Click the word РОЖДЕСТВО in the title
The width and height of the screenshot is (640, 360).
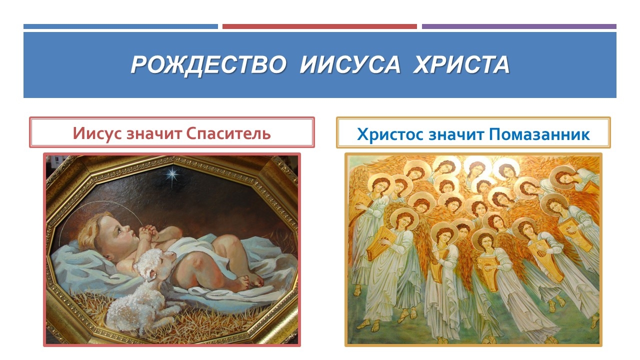[x=208, y=65]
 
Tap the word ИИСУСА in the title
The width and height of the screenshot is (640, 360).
[x=350, y=64]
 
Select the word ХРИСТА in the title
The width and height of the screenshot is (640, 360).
[x=461, y=64]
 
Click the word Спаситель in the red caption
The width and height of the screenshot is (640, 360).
[x=228, y=133]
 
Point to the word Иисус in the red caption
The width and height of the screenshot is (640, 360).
[x=97, y=133]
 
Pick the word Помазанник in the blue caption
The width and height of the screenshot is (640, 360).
[x=539, y=134]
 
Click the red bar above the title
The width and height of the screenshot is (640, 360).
[x=319, y=26]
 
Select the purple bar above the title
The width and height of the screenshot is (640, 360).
[x=519, y=26]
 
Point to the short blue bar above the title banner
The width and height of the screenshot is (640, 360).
[x=120, y=26]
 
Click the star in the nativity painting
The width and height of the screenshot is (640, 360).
[x=172, y=174]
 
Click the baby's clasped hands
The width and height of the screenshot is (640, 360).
[x=149, y=232]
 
